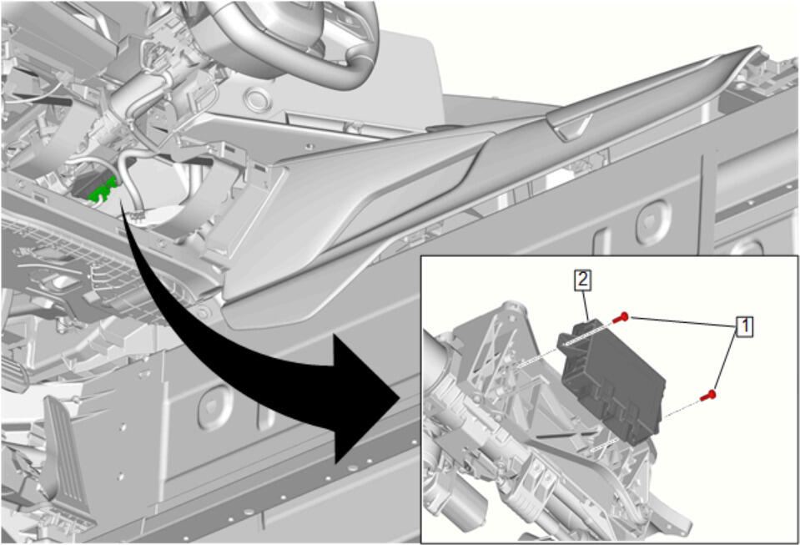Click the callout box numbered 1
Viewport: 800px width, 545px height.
[x=744, y=326]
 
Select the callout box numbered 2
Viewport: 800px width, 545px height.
[x=582, y=280]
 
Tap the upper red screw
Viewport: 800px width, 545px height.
[x=621, y=318]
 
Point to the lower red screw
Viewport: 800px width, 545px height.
[x=708, y=395]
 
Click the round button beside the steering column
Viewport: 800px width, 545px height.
[x=258, y=99]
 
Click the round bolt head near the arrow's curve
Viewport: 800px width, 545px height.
[x=203, y=312]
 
